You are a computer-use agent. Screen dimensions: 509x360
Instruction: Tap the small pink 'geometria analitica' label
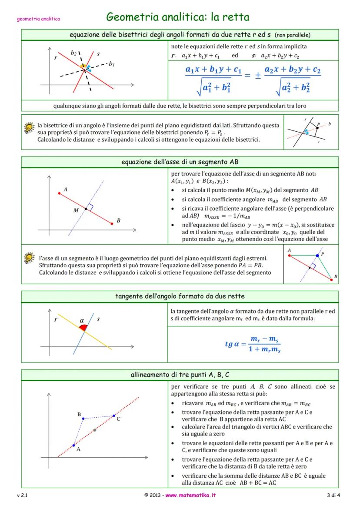(38, 19)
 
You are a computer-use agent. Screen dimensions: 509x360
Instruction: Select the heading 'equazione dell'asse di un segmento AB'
(180, 162)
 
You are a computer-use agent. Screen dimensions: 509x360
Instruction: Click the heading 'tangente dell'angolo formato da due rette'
(180, 296)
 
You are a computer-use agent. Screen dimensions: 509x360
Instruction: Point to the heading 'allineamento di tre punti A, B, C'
(180, 375)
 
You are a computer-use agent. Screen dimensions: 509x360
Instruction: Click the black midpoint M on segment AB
(86, 209)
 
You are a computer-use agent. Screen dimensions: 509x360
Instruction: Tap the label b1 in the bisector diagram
(112, 64)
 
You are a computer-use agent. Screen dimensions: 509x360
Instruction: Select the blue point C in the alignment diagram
(114, 416)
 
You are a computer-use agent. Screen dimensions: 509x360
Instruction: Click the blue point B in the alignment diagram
(83, 419)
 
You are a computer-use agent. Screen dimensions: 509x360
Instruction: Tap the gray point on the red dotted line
(95, 430)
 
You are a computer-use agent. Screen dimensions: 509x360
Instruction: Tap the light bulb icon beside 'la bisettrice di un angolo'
(29, 128)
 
